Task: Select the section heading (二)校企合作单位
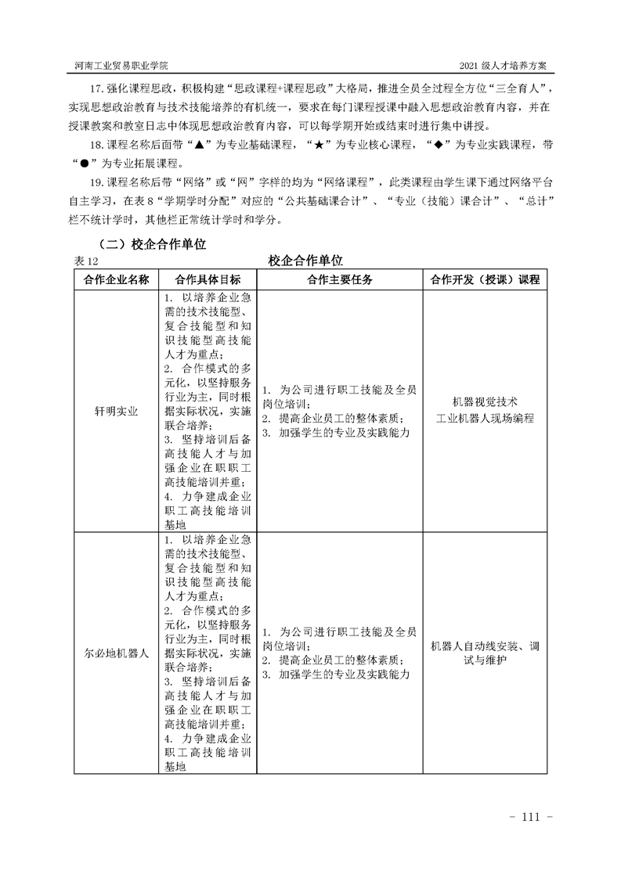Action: point(151,244)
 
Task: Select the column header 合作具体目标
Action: point(208,279)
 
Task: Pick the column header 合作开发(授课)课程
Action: point(485,279)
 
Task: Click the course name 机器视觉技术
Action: point(485,403)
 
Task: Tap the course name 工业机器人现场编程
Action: point(485,419)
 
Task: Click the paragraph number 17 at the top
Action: point(97,86)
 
